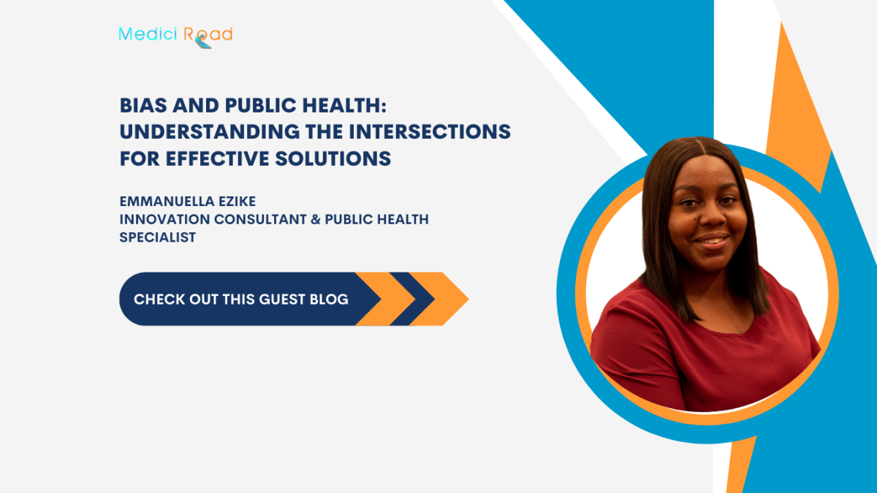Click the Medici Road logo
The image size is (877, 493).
(175, 35)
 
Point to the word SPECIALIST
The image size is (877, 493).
(158, 237)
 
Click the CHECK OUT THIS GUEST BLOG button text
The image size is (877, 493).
(241, 299)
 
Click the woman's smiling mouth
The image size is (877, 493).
(710, 240)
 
